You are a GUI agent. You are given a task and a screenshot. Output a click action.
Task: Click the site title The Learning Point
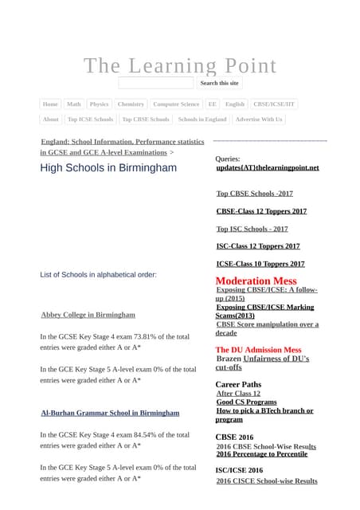(180, 65)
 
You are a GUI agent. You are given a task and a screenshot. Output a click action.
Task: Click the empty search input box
(156, 83)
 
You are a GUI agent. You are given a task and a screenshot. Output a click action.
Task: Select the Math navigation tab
(74, 104)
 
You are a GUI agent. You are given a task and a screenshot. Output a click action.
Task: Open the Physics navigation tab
(100, 104)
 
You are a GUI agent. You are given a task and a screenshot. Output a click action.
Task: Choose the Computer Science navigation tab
(176, 104)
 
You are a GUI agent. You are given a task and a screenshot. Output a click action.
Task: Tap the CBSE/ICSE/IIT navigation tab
(273, 104)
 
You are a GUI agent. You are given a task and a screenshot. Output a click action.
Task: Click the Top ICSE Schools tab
(90, 120)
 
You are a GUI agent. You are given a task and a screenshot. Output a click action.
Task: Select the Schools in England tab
(202, 120)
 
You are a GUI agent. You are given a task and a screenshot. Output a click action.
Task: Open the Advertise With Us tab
(259, 120)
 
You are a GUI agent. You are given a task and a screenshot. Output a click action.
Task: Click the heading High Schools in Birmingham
(108, 168)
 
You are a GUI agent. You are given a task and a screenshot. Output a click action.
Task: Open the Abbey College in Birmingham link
(88, 315)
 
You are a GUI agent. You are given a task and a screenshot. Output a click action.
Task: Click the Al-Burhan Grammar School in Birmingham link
(110, 413)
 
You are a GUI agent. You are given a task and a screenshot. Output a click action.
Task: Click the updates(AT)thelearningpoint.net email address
(268, 168)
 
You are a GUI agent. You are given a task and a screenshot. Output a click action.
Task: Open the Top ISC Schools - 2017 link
(252, 229)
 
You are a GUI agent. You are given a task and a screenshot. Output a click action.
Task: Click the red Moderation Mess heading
(256, 280)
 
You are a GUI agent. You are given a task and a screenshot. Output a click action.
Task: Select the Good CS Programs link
(246, 402)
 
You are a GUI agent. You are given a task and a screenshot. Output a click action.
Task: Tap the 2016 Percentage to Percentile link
(262, 454)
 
